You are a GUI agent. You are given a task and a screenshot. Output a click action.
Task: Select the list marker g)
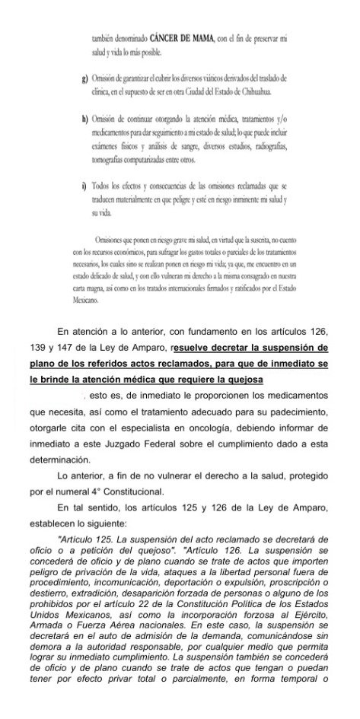click(83, 79)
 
